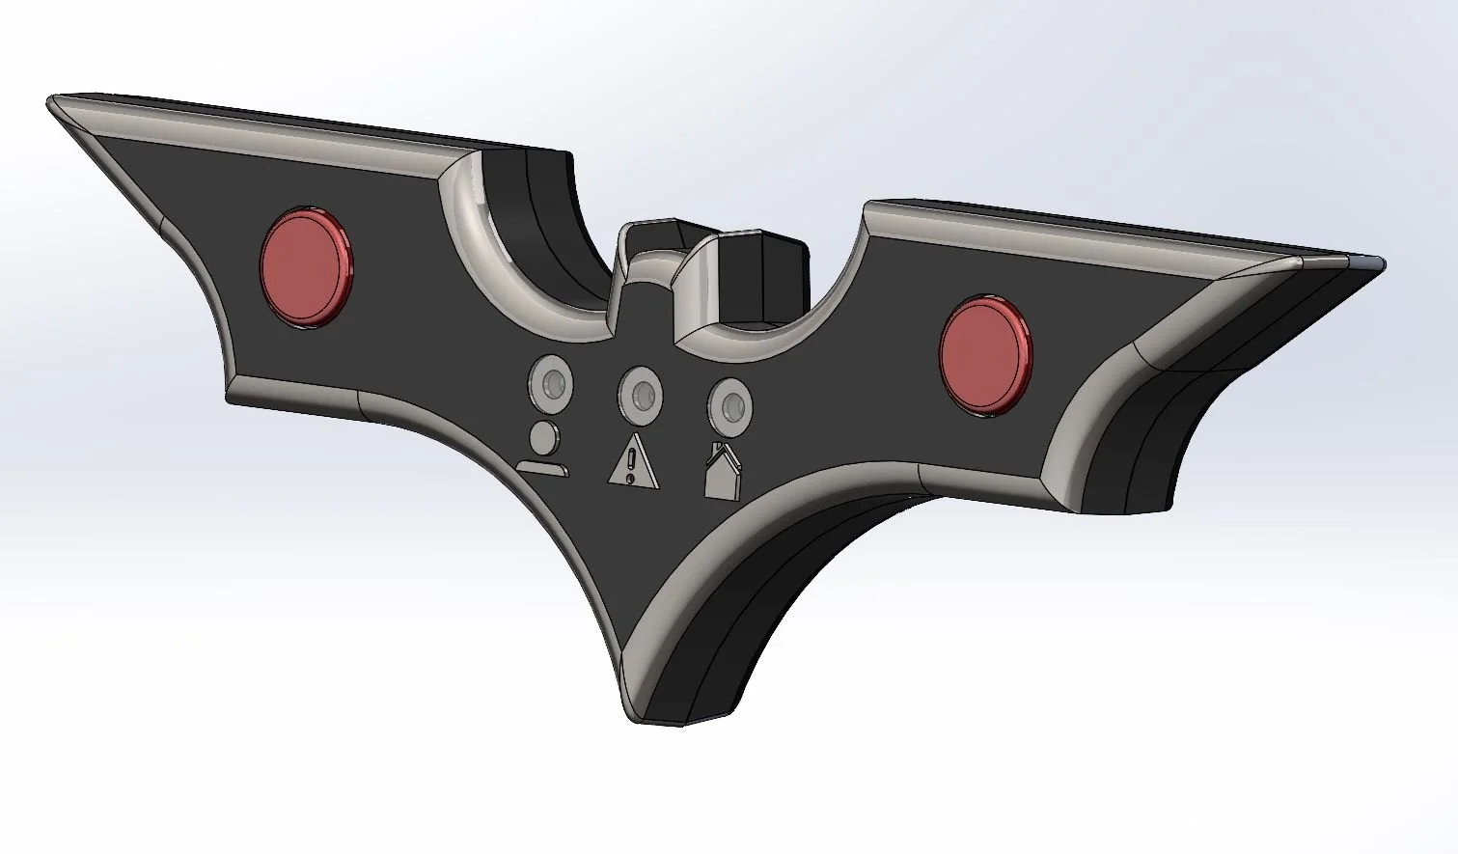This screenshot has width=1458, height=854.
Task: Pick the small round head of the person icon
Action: pos(543,437)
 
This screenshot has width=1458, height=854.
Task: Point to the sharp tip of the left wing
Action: pos(52,100)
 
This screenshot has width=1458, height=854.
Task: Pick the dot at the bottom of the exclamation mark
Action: pos(631,478)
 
